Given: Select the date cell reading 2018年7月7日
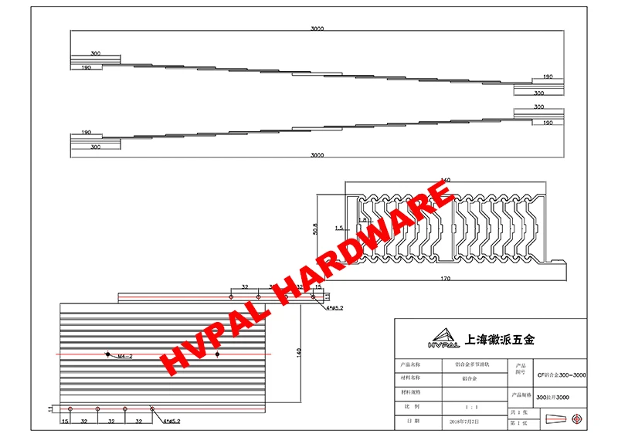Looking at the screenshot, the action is click(x=463, y=422).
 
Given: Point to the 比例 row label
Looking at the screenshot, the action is click(x=410, y=406).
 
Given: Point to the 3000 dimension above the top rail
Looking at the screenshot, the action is click(x=317, y=28).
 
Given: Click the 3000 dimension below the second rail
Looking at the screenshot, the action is click(x=317, y=155).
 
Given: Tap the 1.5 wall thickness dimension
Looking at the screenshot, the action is click(x=339, y=229).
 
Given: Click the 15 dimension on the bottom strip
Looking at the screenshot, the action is click(x=65, y=422).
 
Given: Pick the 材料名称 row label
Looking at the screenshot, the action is click(x=410, y=378).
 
